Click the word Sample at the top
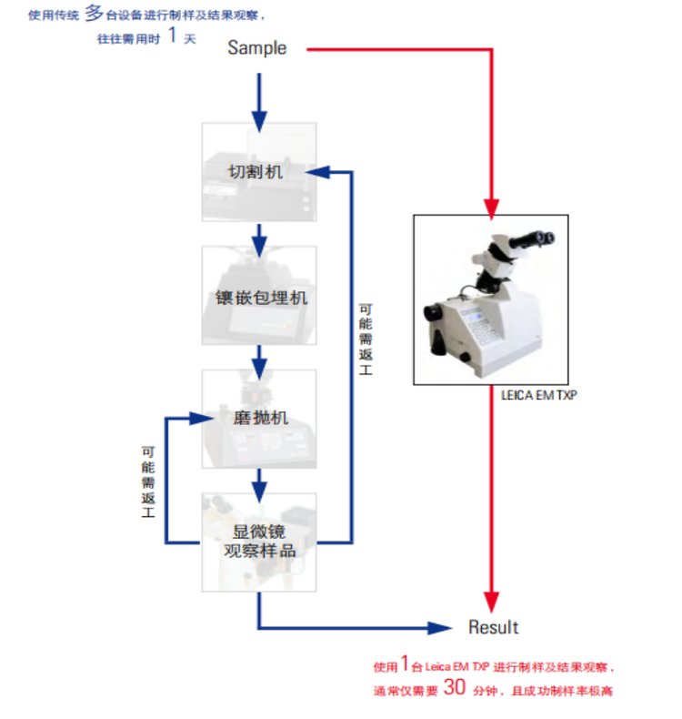[256, 48]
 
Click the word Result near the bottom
[493, 627]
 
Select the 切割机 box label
[258, 171]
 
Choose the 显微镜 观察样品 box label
[259, 542]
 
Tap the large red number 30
[455, 688]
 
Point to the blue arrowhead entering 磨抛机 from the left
[207, 419]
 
